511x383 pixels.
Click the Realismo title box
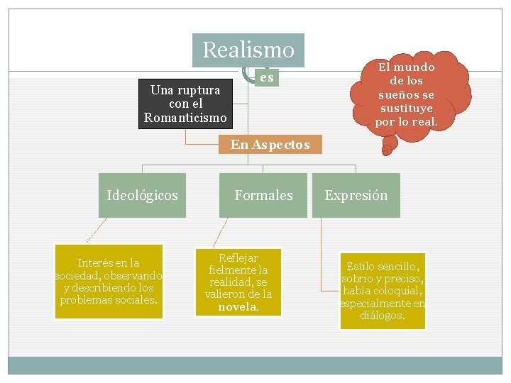tap(248, 50)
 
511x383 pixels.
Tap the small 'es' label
tap(267, 77)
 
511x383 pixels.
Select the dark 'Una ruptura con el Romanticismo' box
tap(185, 104)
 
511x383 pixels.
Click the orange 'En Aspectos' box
tap(270, 145)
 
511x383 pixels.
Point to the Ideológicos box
tap(142, 195)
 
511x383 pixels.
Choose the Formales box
tap(263, 195)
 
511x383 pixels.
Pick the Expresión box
tap(356, 195)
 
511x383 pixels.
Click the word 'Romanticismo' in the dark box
tap(185, 117)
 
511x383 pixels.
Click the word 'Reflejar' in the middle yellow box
tap(238, 257)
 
